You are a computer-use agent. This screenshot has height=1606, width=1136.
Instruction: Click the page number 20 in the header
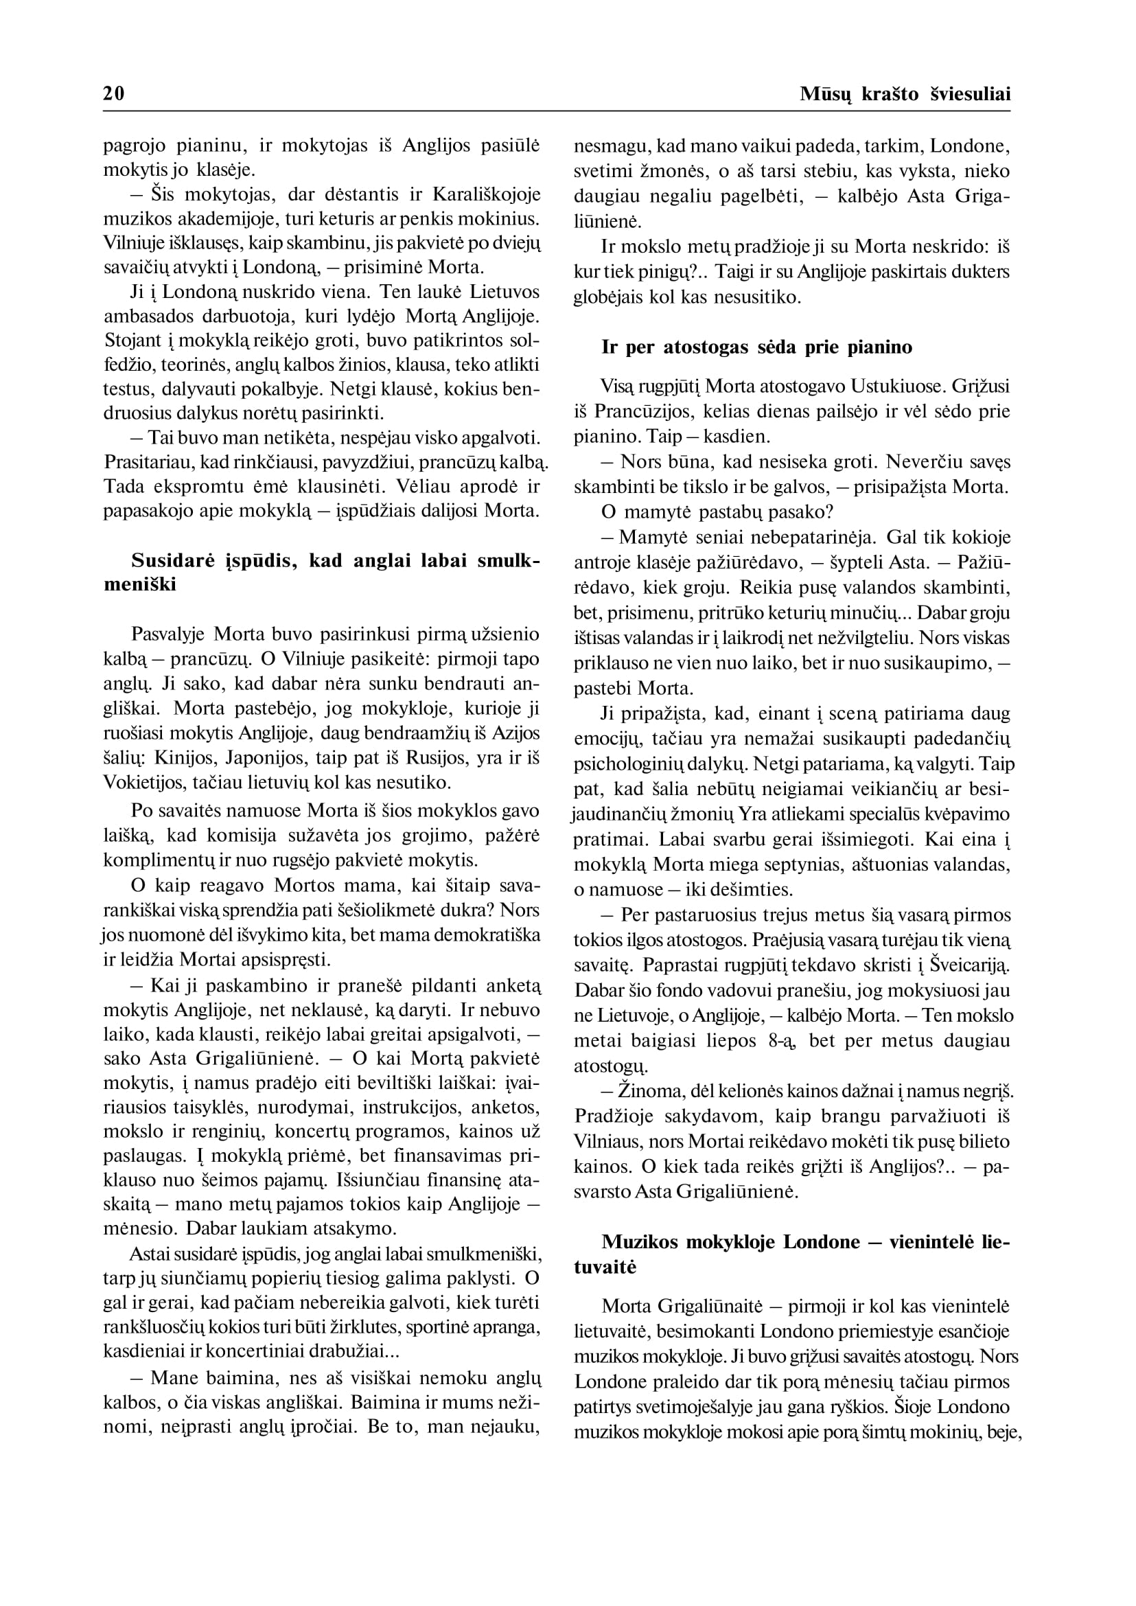[x=113, y=95]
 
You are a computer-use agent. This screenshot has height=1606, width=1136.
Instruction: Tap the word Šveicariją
[x=970, y=965]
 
